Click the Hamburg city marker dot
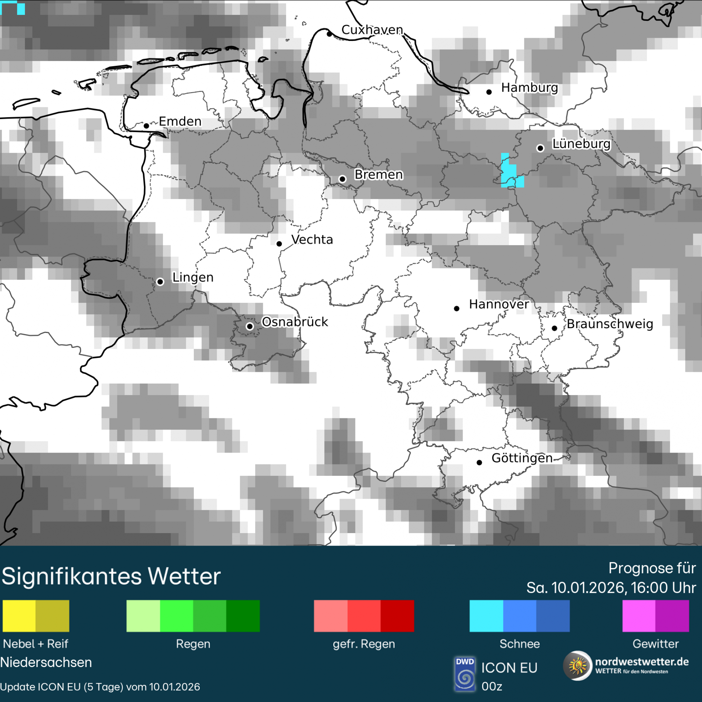click(489, 92)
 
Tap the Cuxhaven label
click(372, 30)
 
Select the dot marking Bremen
click(342, 179)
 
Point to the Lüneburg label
click(581, 144)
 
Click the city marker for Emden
click(146, 126)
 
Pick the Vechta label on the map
click(312, 240)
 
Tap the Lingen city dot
click(160, 282)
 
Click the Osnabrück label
click(295, 322)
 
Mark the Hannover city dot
click(457, 308)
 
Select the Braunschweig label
click(610, 324)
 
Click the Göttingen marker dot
click(479, 463)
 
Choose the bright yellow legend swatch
click(19, 616)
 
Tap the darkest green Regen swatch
click(243, 616)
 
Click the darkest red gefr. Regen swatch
click(397, 616)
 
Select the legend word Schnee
click(520, 644)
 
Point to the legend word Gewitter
click(656, 644)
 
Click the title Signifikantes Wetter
click(111, 576)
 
